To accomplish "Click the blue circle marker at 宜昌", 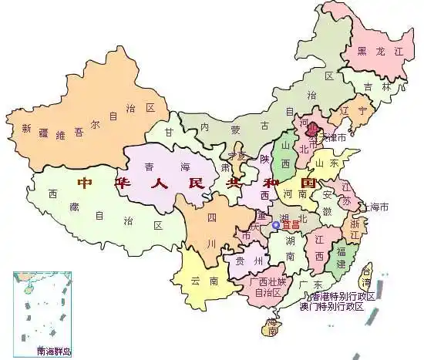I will coord(276,225).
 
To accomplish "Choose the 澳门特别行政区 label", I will coord(331,306).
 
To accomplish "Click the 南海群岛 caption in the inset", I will coord(53,351).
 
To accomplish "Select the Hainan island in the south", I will coord(269,328).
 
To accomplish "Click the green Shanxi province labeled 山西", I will coord(286,155).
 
